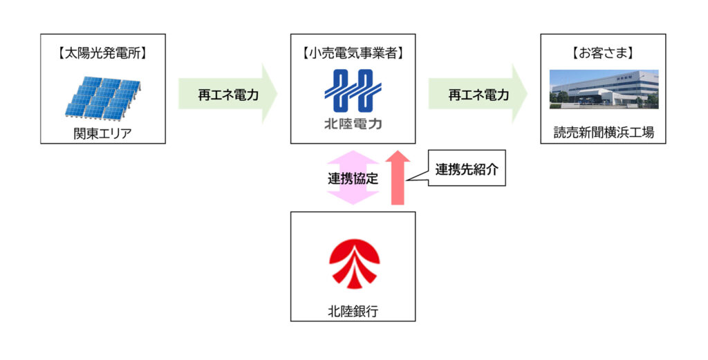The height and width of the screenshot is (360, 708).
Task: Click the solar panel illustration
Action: [x=102, y=97]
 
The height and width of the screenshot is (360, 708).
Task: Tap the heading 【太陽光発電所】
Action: [x=102, y=53]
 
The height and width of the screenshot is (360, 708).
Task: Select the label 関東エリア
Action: [x=102, y=133]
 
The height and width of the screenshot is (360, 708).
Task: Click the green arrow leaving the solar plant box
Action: [x=227, y=94]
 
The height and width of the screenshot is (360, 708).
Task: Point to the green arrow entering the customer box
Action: [x=478, y=94]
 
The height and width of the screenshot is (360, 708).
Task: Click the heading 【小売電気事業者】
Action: [x=353, y=53]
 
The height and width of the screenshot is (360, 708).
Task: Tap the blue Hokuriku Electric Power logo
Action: [x=353, y=91]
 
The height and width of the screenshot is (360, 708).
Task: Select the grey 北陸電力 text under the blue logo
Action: [x=353, y=124]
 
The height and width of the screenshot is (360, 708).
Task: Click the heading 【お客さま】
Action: [x=603, y=53]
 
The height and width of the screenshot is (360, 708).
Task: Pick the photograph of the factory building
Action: [x=604, y=89]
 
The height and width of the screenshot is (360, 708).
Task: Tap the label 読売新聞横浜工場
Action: [x=603, y=133]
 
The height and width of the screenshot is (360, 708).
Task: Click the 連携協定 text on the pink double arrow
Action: [x=353, y=179]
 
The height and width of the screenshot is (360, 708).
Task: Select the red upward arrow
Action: [x=398, y=178]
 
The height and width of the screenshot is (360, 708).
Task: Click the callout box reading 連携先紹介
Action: [x=467, y=168]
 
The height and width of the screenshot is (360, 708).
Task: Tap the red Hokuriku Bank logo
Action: [x=354, y=263]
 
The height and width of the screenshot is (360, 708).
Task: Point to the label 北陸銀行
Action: [x=353, y=311]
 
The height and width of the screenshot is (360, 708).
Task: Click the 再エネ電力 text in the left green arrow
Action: [x=228, y=95]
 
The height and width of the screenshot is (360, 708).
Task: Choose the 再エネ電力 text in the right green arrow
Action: [x=478, y=95]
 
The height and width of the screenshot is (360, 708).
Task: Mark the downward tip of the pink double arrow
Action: [x=353, y=205]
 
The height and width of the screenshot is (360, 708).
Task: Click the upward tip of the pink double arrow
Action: [x=353, y=151]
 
